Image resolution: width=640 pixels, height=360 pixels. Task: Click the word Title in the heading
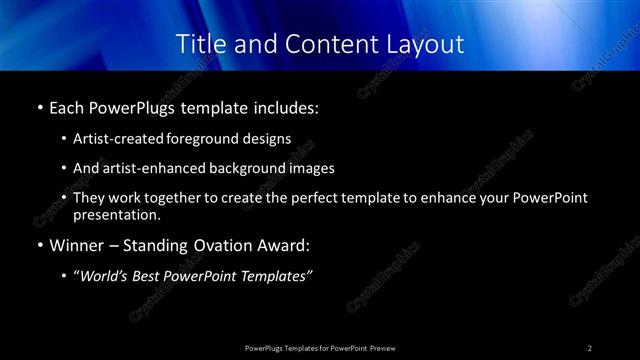tap(198, 44)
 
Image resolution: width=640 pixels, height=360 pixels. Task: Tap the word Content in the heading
tap(328, 44)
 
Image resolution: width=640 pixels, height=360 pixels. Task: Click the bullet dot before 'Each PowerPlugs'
tap(39, 106)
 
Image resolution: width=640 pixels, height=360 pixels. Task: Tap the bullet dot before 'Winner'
tap(39, 245)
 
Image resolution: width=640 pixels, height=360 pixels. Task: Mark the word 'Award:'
tap(286, 245)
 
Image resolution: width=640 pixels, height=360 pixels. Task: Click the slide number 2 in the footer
tap(590, 347)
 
